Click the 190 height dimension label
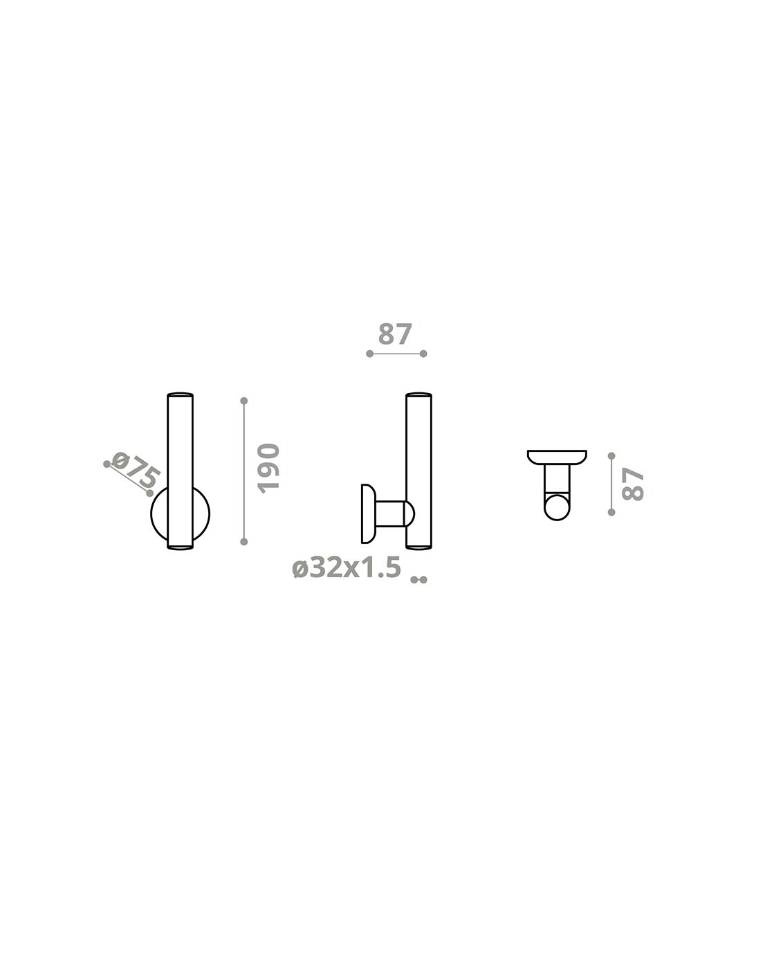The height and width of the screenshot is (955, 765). (x=269, y=468)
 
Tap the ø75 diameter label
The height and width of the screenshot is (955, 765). (x=136, y=470)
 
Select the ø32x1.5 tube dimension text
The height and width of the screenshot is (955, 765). (x=347, y=567)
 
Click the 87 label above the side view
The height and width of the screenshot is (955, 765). (x=395, y=335)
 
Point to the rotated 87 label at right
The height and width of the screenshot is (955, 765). (x=632, y=484)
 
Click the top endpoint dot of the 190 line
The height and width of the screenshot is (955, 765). (x=244, y=401)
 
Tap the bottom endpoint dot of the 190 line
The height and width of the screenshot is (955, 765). (x=244, y=541)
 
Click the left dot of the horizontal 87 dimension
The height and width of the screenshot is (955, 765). (x=370, y=354)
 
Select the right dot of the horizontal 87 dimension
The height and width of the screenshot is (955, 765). (x=423, y=354)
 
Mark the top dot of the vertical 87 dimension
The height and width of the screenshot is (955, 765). (x=611, y=456)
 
